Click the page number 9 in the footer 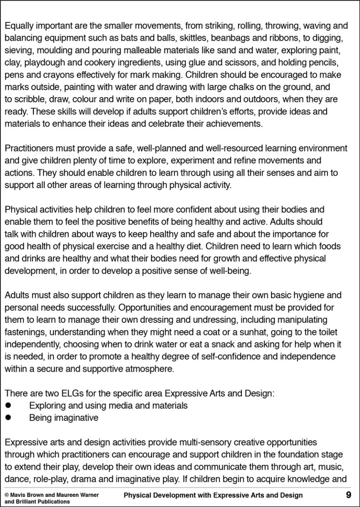point(348,495)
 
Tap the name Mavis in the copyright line point(19,495)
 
